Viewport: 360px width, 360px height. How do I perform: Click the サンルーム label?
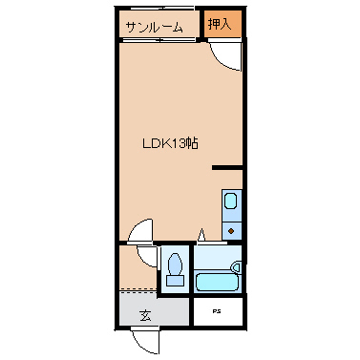pyautogui.click(x=153, y=28)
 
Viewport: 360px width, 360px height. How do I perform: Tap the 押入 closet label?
pyautogui.click(x=220, y=25)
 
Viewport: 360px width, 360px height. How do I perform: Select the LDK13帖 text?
pyautogui.click(x=170, y=143)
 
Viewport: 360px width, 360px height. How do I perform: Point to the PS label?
pyautogui.click(x=219, y=311)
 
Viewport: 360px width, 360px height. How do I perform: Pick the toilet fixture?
pyautogui.click(x=175, y=264)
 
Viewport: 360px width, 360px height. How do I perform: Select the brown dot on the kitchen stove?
pyautogui.click(x=232, y=230)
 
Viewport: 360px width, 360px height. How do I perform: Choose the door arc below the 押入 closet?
pyautogui.click(x=225, y=57)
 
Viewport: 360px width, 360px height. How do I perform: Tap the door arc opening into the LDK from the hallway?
pyautogui.click(x=139, y=232)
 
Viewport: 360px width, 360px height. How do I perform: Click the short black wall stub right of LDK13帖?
pyautogui.click(x=227, y=169)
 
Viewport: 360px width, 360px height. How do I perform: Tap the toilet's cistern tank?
pyautogui.click(x=175, y=280)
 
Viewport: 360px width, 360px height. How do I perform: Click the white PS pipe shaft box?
pyautogui.click(x=219, y=311)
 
